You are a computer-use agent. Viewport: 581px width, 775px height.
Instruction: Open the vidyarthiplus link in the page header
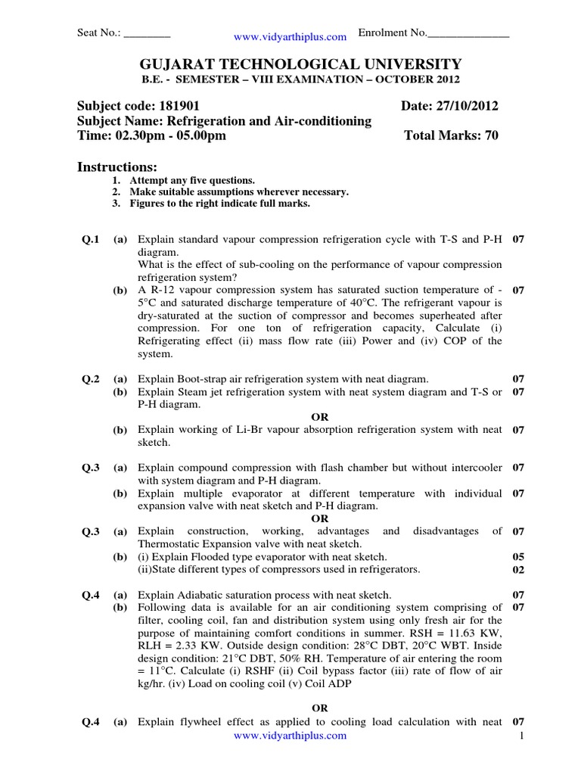(x=290, y=36)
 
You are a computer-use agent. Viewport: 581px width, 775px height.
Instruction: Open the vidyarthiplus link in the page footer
(x=290, y=735)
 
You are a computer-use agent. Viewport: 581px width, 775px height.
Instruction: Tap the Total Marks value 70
(x=491, y=135)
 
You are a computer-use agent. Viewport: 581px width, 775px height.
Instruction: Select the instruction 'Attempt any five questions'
(x=192, y=180)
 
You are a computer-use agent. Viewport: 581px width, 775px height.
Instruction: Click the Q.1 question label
(x=91, y=239)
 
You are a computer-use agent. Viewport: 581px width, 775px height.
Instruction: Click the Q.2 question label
(x=91, y=378)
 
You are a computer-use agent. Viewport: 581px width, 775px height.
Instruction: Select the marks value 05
(x=518, y=556)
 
